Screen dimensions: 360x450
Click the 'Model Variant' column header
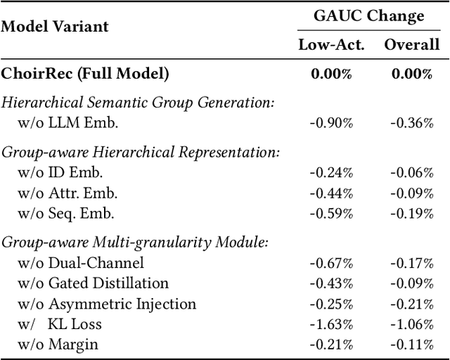pos(55,27)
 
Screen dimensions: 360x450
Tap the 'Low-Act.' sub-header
pos(332,46)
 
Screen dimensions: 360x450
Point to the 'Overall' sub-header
pos(411,46)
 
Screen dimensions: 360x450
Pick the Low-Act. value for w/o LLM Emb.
pos(332,122)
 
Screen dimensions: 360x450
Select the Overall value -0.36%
pos(412,122)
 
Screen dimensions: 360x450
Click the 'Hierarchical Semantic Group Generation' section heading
pos(137,103)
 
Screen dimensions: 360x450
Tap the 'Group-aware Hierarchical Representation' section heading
pos(141,153)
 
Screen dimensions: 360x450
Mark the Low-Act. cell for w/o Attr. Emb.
pos(332,193)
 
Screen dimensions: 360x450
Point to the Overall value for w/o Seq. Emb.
pos(412,214)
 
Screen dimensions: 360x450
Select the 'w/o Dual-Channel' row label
pos(82,263)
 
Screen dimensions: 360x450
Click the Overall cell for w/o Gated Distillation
pos(412,283)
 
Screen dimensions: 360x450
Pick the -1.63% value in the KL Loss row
pos(332,324)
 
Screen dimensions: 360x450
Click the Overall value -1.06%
pos(412,324)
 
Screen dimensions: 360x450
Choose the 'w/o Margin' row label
pos(58,345)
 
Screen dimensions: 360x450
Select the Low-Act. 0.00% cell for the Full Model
pos(332,74)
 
